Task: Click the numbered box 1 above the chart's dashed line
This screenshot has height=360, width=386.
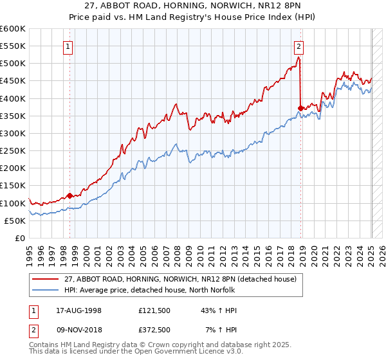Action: (x=68, y=46)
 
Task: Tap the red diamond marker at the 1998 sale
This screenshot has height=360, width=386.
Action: (x=69, y=195)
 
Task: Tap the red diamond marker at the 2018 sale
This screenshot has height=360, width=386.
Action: (x=300, y=107)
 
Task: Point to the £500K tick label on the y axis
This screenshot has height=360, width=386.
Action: (x=13, y=64)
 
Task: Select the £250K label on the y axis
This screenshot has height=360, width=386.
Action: (x=13, y=151)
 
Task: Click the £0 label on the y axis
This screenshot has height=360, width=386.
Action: (x=20, y=239)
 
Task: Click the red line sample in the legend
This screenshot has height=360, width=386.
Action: (x=46, y=279)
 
